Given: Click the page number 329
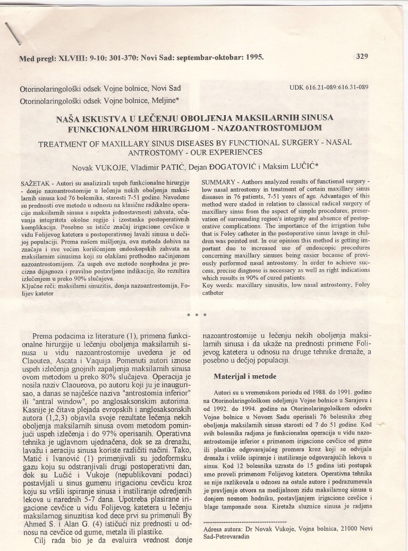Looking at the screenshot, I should [x=362, y=56].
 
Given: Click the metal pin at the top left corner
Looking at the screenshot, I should [x=13, y=30].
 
